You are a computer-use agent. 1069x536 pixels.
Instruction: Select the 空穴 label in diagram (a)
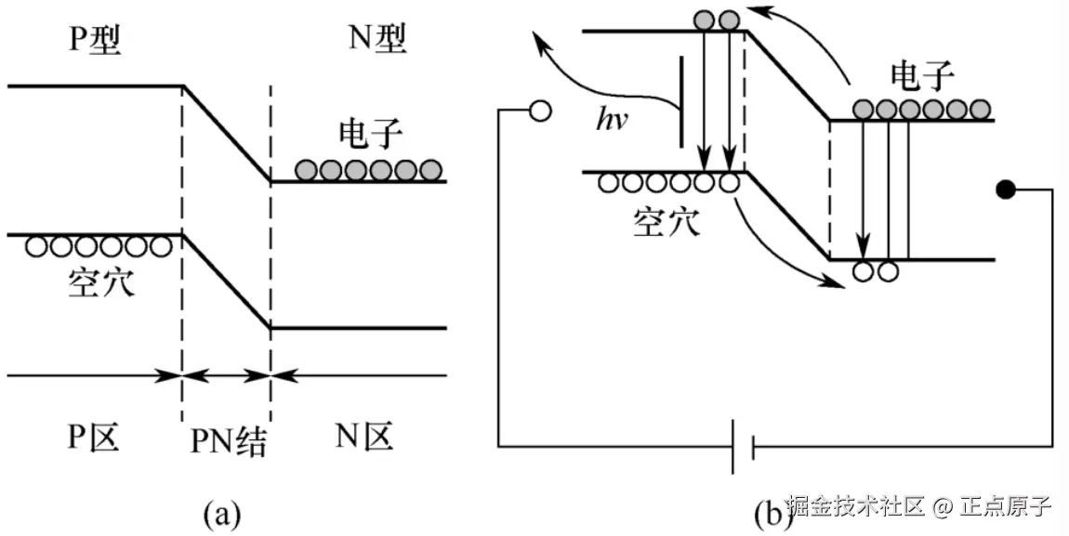coord(100,281)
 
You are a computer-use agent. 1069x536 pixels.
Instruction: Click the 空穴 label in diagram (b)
coord(667,221)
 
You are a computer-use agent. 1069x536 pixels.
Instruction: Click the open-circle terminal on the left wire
coord(540,111)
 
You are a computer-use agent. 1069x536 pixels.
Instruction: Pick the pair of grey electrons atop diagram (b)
coord(716,20)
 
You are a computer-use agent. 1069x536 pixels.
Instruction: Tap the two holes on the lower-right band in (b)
coord(875,271)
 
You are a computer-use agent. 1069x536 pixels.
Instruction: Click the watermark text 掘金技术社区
coord(856,507)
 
